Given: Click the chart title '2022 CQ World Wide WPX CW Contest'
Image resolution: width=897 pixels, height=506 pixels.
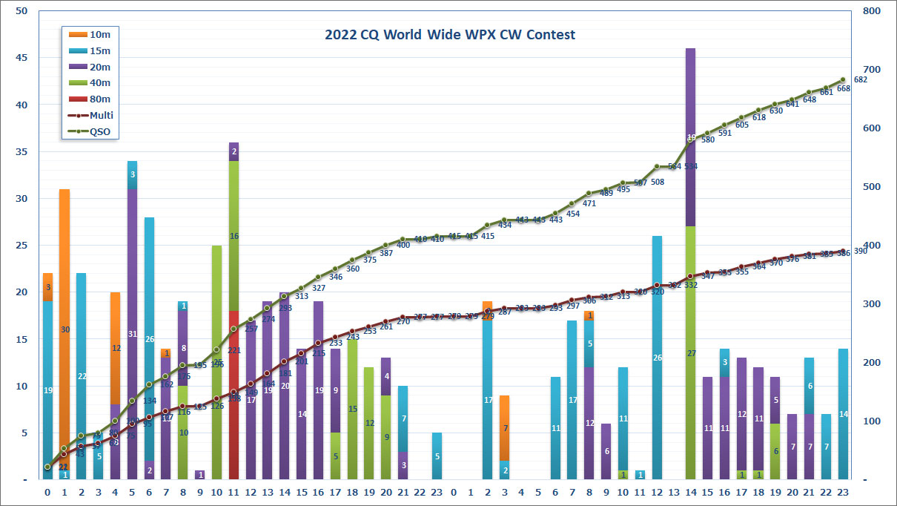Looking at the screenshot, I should pos(449,35).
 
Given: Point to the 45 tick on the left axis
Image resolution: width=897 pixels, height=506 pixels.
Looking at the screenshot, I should pos(21,58).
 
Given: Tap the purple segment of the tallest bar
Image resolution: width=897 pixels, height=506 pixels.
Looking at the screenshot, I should pos(690,137).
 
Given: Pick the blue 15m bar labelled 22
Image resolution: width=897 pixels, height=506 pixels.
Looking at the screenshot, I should pos(82,376).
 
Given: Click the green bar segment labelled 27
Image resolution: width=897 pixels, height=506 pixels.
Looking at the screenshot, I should pos(690,353).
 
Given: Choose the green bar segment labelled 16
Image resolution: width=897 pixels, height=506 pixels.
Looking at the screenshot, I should pos(234,236).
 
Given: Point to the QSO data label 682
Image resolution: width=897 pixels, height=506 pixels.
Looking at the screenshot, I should pos(861,79).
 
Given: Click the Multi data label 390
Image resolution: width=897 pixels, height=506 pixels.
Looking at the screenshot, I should pos(860,251).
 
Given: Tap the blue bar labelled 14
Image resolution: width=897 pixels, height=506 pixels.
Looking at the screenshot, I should pos(842,414).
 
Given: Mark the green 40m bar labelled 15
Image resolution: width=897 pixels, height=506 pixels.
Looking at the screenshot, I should pos(352,409).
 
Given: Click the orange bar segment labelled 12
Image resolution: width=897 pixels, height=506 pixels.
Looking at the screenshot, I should pos(116,348).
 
